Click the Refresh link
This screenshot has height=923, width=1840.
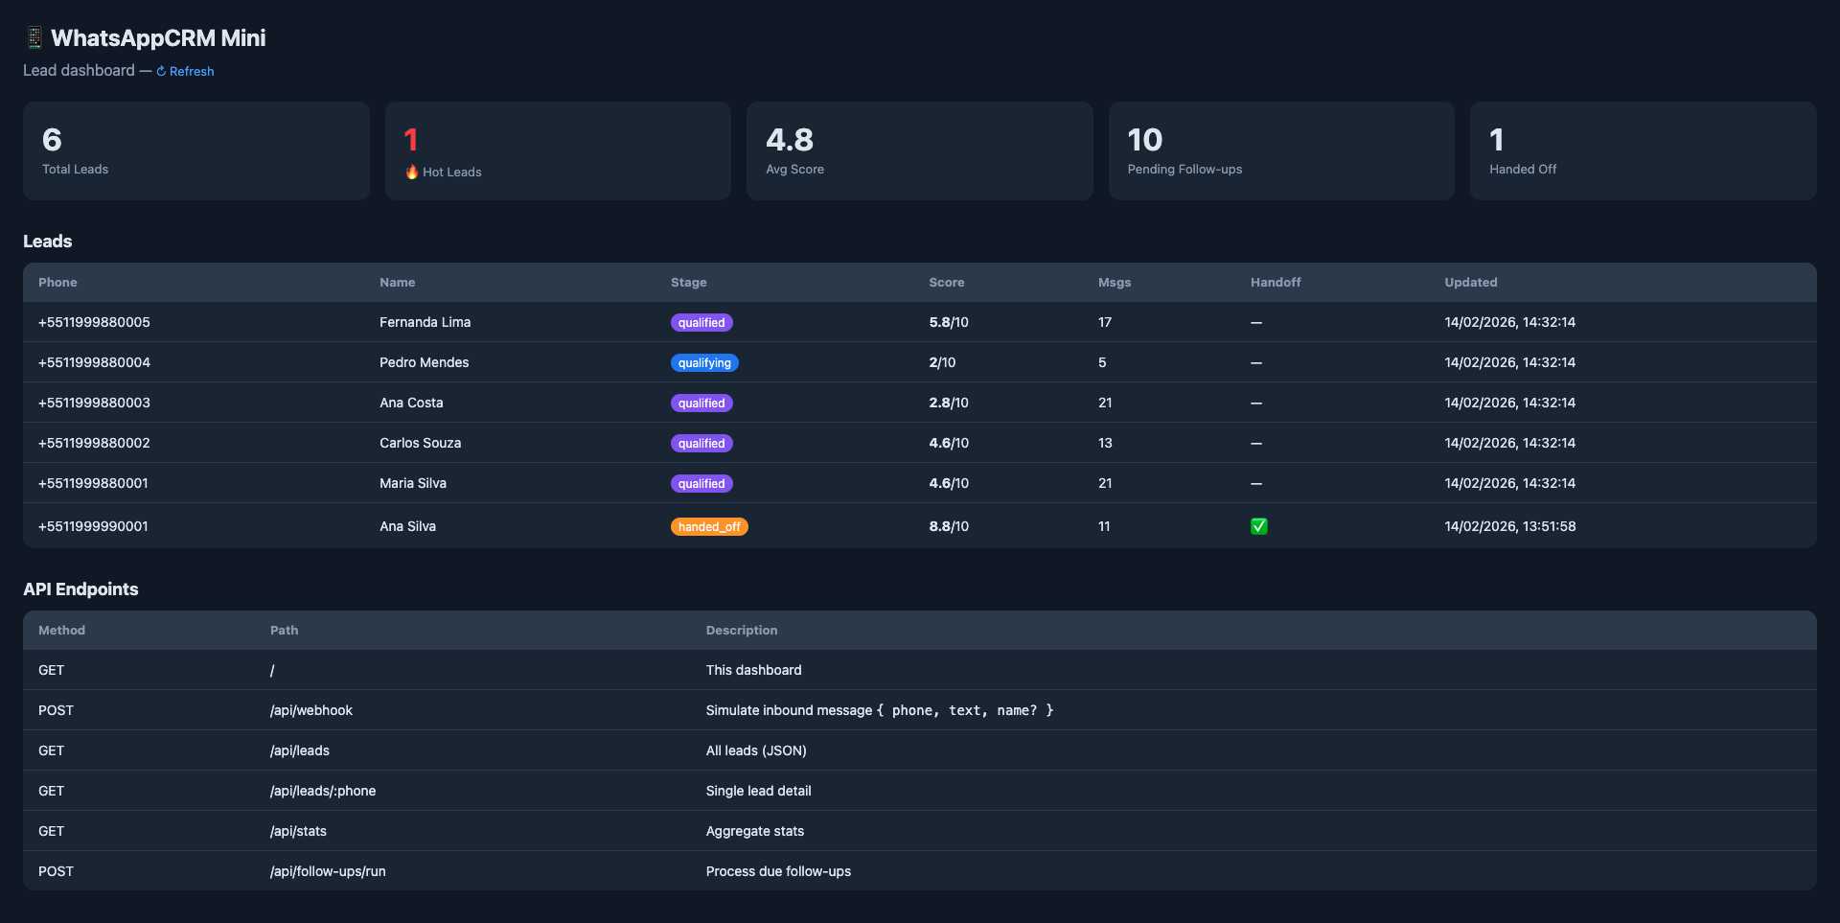point(186,71)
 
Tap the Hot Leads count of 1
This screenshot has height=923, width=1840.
point(411,140)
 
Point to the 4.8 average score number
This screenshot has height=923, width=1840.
point(789,140)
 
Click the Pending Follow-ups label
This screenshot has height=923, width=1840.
point(1184,170)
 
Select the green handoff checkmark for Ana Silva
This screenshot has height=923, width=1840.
point(1258,526)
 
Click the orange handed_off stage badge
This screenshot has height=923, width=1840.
point(708,527)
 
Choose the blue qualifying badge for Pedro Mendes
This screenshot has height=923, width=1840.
point(703,363)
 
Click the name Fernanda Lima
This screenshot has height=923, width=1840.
point(425,322)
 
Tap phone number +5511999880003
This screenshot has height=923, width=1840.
point(94,403)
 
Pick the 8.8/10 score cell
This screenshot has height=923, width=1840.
point(948,526)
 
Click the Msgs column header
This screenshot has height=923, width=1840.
point(1114,283)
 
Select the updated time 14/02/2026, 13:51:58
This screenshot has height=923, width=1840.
point(1509,526)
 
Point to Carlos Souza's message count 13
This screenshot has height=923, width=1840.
point(1105,443)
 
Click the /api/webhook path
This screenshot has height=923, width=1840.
point(310,710)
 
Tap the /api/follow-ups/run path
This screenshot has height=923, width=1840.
point(328,871)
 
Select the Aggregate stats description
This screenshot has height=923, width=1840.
point(754,831)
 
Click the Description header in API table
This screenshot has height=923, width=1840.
point(741,631)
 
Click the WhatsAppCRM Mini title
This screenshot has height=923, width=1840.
point(157,38)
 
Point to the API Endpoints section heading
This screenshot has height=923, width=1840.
point(80,589)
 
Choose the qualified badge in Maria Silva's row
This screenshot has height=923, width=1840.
point(701,484)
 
